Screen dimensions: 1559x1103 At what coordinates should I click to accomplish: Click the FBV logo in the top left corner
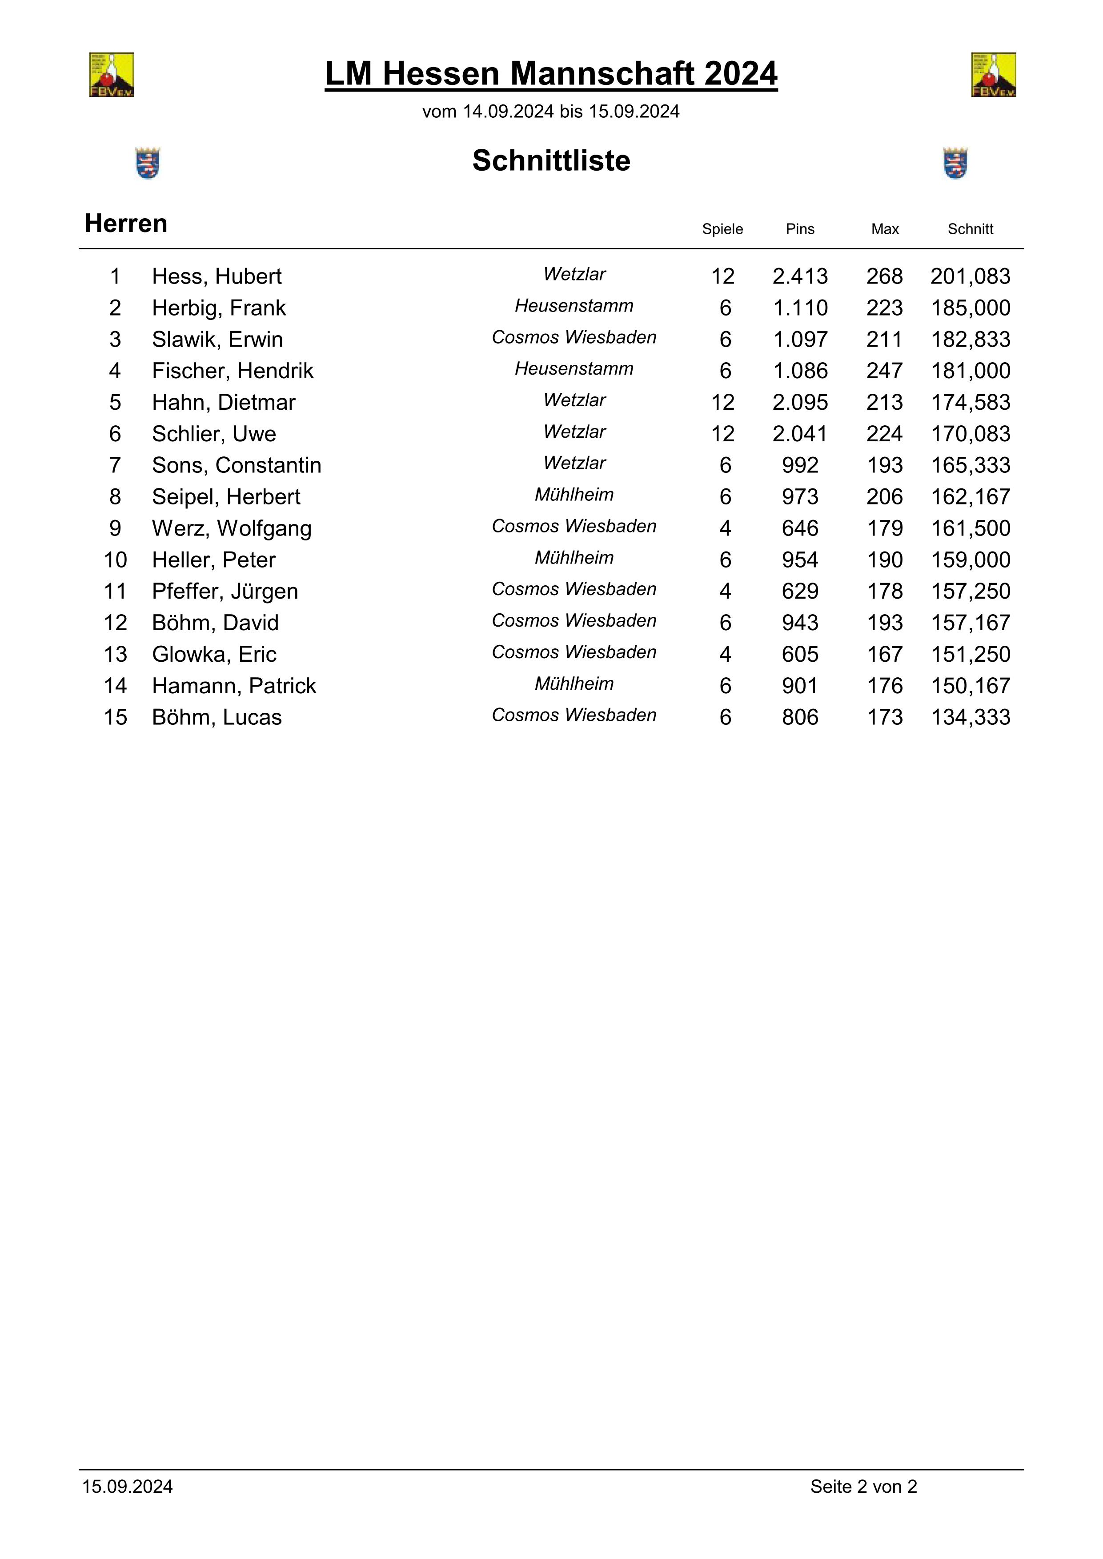(x=112, y=75)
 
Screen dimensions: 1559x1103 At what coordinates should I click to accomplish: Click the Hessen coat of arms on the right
(x=955, y=163)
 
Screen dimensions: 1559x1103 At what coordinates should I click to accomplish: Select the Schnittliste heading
(x=551, y=161)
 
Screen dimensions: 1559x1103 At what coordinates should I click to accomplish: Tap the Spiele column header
(x=722, y=229)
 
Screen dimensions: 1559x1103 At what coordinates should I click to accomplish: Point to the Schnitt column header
(x=970, y=229)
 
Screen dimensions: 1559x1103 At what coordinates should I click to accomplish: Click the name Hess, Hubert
(x=216, y=276)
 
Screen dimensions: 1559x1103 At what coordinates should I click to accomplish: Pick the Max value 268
(x=884, y=276)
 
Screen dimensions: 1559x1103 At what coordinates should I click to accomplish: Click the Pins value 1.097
(x=800, y=340)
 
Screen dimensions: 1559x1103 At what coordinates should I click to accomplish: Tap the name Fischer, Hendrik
(x=232, y=371)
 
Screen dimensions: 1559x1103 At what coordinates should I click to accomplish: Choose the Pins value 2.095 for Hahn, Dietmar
(x=800, y=403)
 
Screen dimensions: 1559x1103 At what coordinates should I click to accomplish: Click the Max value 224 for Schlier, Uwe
(x=884, y=434)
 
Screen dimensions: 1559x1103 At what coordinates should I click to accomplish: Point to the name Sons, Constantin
(x=237, y=465)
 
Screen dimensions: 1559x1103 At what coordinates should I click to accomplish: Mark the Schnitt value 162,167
(x=970, y=497)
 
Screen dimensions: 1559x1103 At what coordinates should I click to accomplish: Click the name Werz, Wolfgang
(x=232, y=528)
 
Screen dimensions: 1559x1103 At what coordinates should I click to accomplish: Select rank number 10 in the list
(x=116, y=560)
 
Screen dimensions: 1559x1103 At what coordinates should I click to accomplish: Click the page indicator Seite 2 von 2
(x=863, y=1487)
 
